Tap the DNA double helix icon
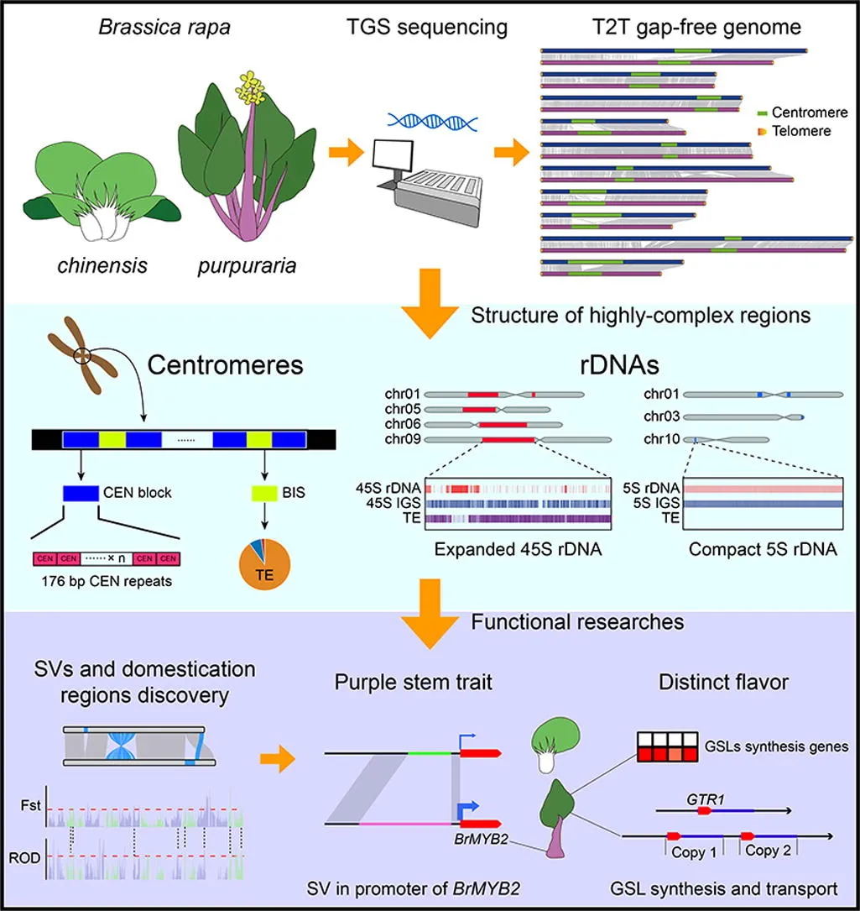[433, 122]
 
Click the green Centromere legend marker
[763, 113]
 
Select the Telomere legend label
[801, 131]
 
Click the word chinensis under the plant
[102, 265]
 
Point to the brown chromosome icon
[83, 354]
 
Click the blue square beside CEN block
[81, 493]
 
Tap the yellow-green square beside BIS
[264, 493]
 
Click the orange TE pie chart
[265, 564]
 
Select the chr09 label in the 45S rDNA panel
[403, 439]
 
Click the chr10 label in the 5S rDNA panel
[661, 439]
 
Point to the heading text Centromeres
[226, 365]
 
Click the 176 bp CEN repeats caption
[107, 581]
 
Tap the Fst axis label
[31, 805]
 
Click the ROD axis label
[24, 857]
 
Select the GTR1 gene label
[706, 799]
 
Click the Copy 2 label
[768, 851]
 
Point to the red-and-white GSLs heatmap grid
[667, 746]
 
